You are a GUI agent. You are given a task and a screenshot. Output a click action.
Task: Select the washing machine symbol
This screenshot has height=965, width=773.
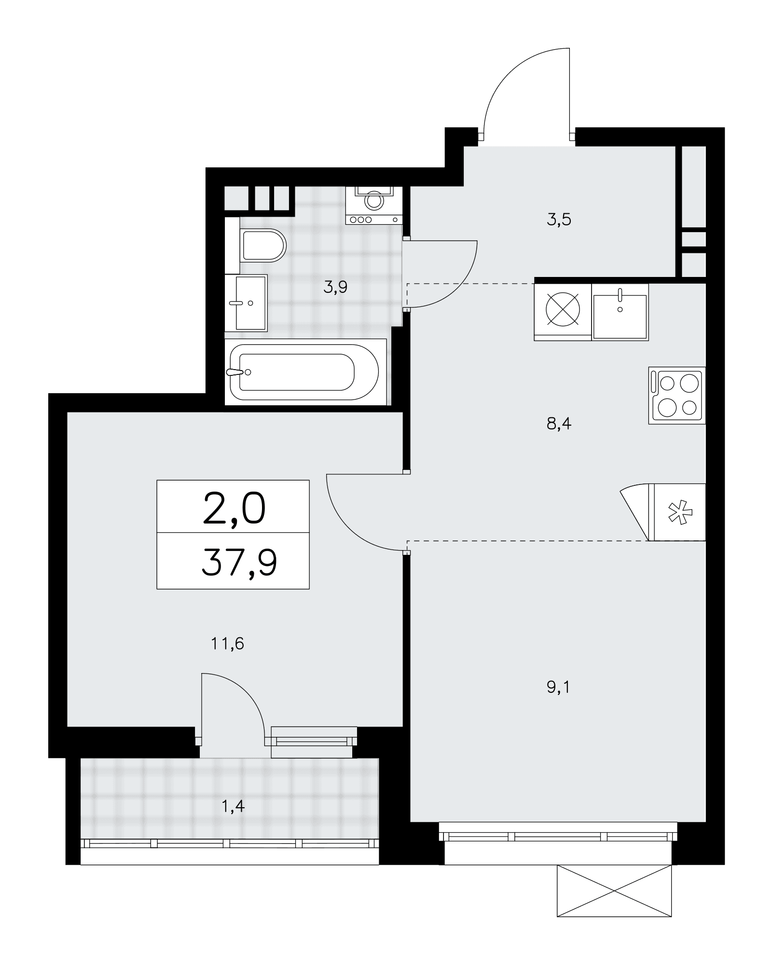coord(374,205)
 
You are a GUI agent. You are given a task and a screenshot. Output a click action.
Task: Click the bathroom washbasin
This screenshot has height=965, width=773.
coord(246,303)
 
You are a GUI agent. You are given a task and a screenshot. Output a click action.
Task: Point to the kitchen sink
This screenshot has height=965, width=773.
coord(620,312)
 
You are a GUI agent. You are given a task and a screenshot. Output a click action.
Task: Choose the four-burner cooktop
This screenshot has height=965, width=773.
coord(677,396)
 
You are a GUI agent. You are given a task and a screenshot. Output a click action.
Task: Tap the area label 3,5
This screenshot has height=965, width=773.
coord(559,220)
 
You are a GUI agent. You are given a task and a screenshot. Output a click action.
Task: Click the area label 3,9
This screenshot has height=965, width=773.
coord(335,288)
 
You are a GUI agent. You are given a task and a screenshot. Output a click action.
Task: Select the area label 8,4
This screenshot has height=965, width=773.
coord(559,424)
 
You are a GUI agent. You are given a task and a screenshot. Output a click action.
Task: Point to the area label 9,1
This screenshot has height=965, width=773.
coord(558,687)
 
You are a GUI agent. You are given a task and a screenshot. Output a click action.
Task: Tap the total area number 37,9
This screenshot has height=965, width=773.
coord(239,562)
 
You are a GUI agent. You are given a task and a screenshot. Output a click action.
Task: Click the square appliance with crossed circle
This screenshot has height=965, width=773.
coord(563,312)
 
